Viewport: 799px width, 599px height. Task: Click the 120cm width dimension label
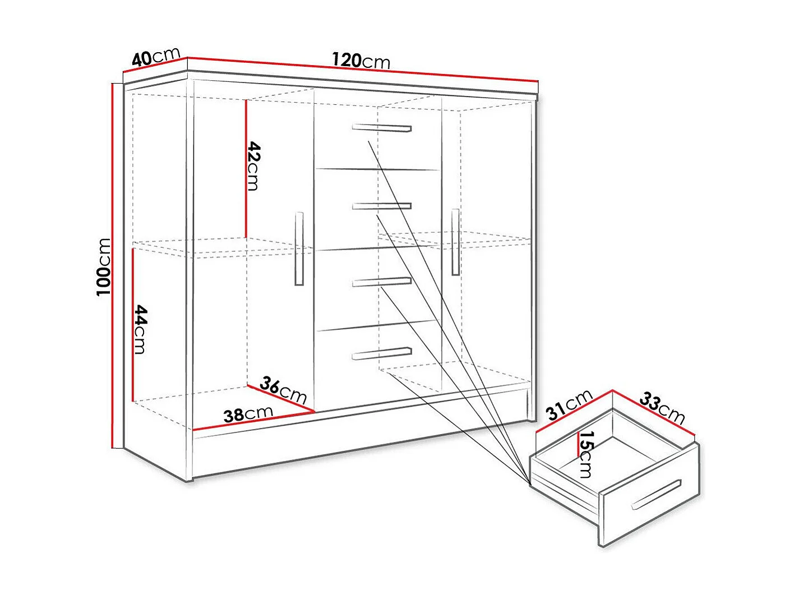(361, 61)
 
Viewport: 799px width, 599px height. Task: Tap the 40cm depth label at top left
(156, 57)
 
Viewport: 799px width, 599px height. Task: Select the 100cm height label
(103, 267)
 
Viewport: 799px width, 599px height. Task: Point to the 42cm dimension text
(253, 166)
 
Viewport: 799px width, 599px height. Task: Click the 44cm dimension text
(141, 330)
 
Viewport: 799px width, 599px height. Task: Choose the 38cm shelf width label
(248, 414)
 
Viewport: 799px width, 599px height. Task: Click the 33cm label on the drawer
(662, 407)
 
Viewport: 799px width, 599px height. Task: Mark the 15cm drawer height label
(586, 454)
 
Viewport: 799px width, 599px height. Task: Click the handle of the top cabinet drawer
(382, 128)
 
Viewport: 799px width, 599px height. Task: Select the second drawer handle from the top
(382, 206)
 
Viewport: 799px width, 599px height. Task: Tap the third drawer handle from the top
(382, 282)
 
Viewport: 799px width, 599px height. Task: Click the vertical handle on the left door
(299, 248)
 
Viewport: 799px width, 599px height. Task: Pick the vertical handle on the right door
(455, 242)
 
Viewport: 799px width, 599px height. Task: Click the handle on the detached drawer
(657, 495)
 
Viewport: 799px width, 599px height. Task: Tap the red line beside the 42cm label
(246, 169)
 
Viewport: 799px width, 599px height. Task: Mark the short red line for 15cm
(578, 444)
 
